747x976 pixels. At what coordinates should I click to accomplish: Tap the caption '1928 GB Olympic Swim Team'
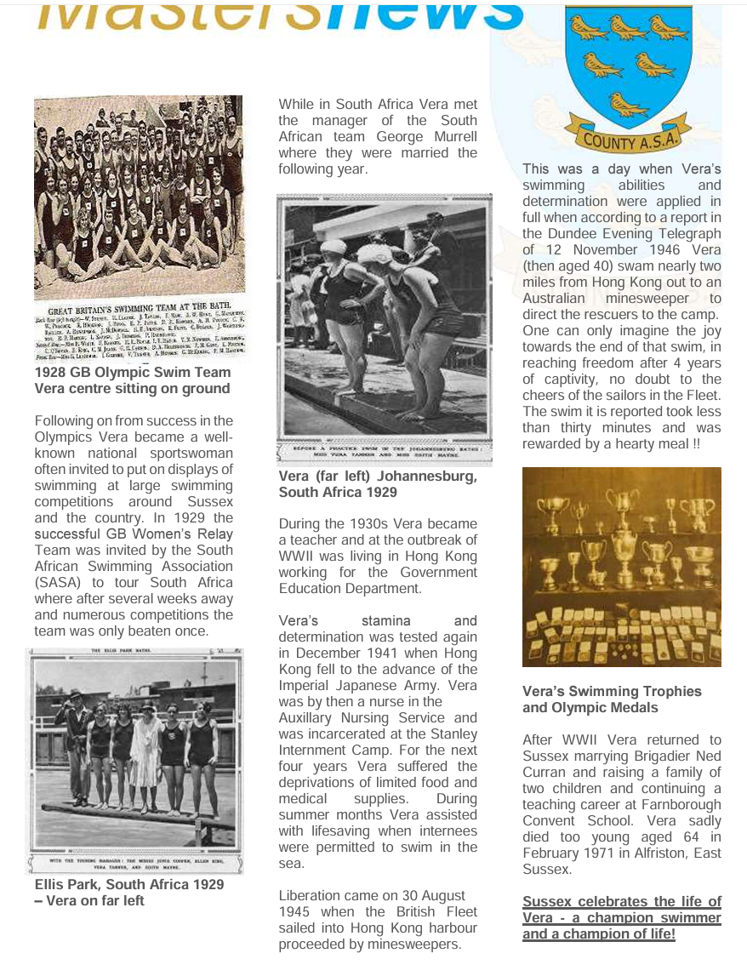[133, 372]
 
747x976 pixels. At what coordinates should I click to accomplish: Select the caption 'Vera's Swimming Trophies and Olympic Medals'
[612, 699]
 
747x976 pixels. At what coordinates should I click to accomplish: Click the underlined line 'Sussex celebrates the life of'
[621, 901]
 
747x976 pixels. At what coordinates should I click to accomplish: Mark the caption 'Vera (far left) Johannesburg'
[378, 477]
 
